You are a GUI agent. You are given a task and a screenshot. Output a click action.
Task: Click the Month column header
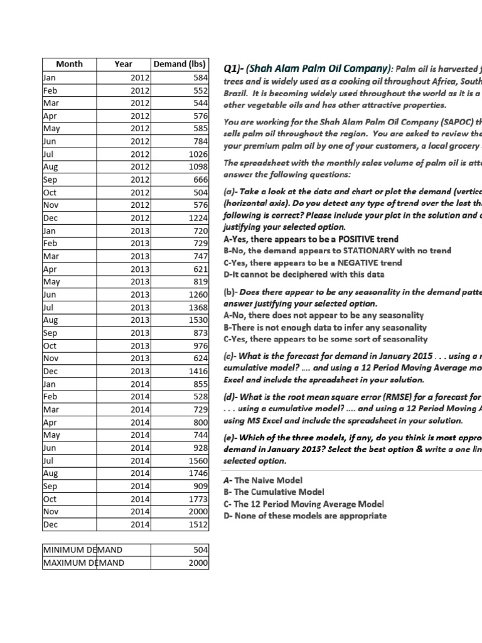pyautogui.click(x=69, y=64)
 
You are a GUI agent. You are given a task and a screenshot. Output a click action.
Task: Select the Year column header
pyautogui.click(x=124, y=64)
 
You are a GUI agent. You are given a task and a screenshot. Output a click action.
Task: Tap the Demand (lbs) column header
pyautogui.click(x=179, y=64)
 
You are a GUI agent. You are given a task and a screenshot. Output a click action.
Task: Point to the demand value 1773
pyautogui.click(x=197, y=499)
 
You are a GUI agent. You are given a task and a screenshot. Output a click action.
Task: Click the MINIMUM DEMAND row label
pyautogui.click(x=82, y=549)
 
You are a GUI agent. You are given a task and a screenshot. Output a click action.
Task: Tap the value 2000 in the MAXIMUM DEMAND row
pyautogui.click(x=197, y=563)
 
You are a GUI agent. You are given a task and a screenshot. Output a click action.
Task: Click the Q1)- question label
pyautogui.click(x=235, y=69)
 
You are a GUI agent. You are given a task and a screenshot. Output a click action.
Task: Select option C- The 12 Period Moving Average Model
pyautogui.click(x=304, y=504)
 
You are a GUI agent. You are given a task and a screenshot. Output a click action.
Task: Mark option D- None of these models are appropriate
pyautogui.click(x=305, y=516)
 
